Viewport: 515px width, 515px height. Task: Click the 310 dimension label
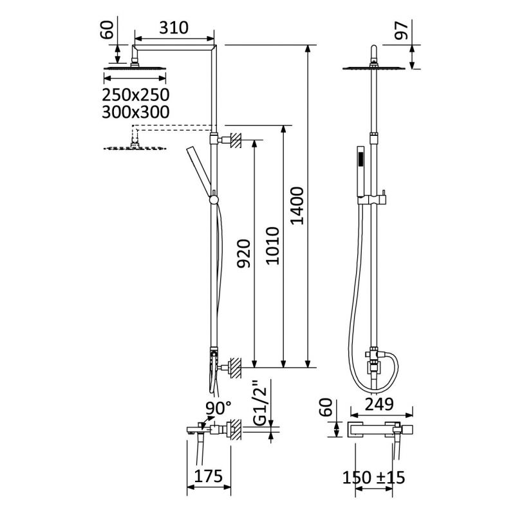174,28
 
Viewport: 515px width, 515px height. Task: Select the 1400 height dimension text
297,205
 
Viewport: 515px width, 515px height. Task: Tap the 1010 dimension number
272,246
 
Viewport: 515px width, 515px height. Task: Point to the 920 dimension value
244,254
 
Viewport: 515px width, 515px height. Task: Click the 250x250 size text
135,95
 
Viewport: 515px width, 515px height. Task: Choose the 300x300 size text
135,112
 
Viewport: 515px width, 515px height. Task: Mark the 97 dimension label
401,30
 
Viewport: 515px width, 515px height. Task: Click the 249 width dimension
379,404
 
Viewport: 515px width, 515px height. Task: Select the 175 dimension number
208,476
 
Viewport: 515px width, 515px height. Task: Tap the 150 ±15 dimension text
373,478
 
